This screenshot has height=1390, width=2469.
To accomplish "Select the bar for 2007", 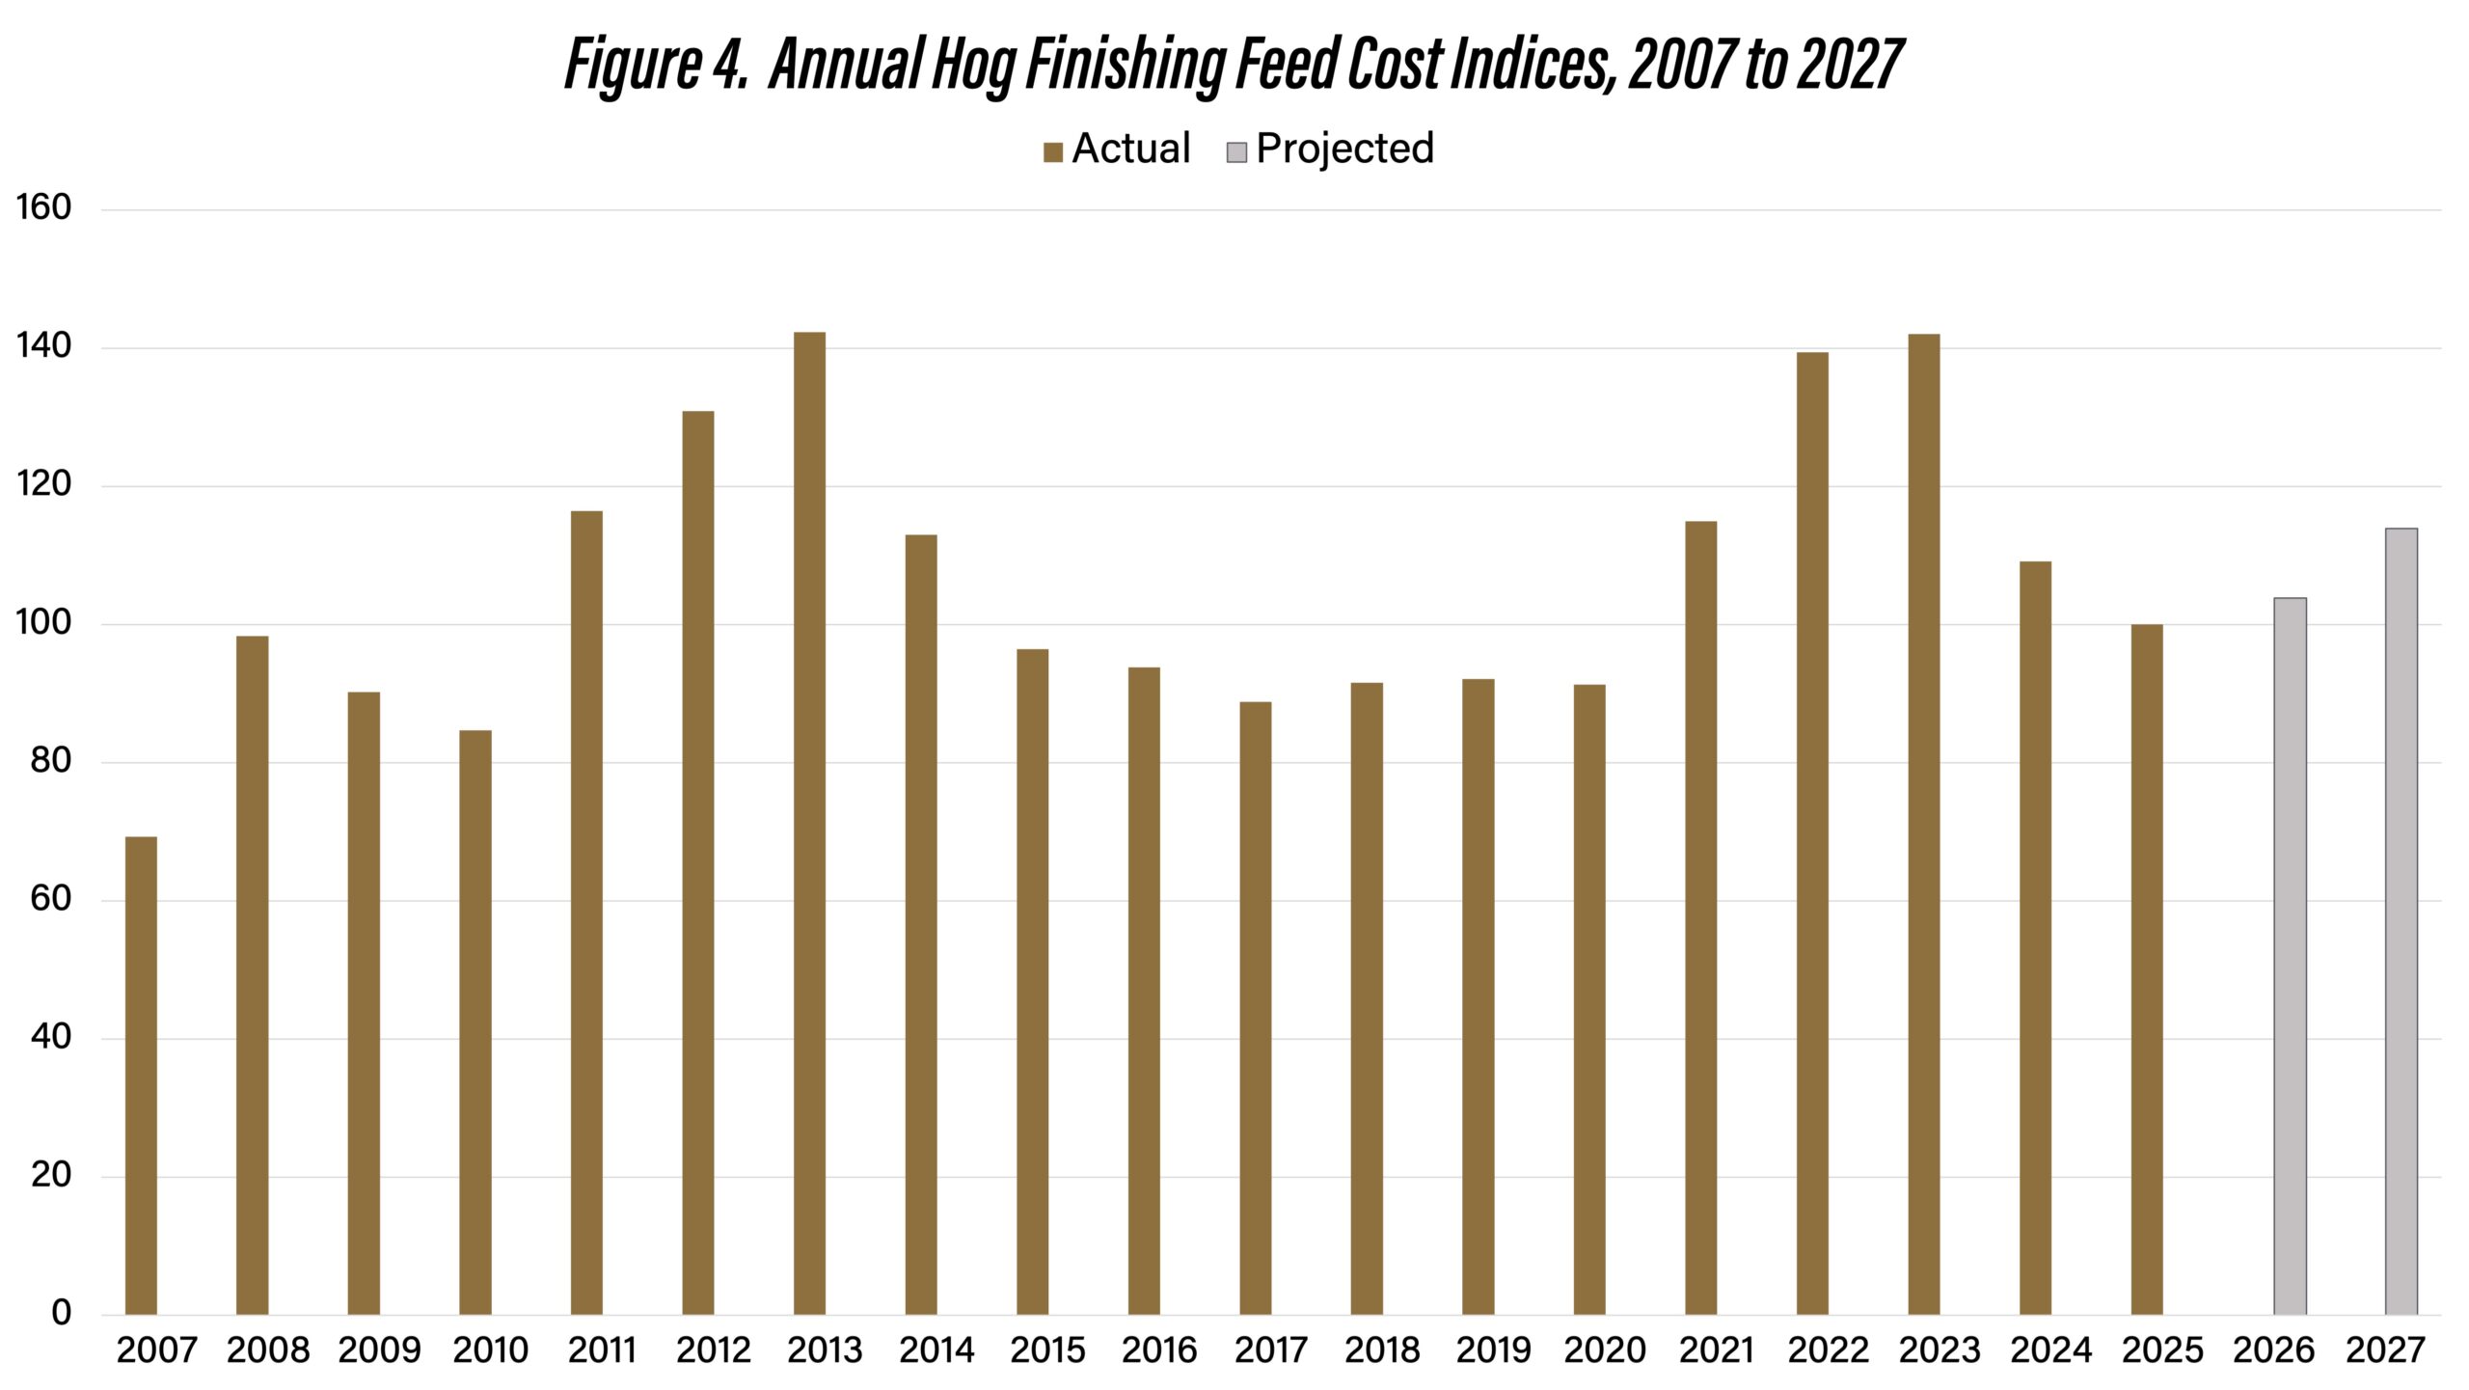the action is point(141,1075).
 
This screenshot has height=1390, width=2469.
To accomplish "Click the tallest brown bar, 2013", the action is point(809,823).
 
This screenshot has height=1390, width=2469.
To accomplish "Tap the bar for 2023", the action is point(1923,824).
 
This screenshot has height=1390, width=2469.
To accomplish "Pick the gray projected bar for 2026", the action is point(2290,956).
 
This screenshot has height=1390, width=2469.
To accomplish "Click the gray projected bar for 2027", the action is point(2401,921).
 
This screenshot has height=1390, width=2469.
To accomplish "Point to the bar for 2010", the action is point(475,1022).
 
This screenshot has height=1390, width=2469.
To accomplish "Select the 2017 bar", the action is point(1255,1008).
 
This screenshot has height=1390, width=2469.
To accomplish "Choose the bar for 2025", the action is point(2147,969).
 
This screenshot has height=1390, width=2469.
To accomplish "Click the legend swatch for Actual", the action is point(1053,152).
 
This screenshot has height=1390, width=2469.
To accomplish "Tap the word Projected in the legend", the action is point(1344,149).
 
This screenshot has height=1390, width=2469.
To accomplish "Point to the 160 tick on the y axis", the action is point(43,208).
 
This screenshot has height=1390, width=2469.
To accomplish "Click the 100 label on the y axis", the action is point(43,623).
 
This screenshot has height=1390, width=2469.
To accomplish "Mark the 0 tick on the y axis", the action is point(61,1313).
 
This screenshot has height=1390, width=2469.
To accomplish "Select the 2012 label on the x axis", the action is point(713,1349).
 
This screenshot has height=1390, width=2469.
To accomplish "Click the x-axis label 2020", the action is point(1604,1349).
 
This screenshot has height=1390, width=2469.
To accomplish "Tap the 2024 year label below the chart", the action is point(2050,1349).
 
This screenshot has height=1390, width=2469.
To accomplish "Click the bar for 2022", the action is point(1812,832).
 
